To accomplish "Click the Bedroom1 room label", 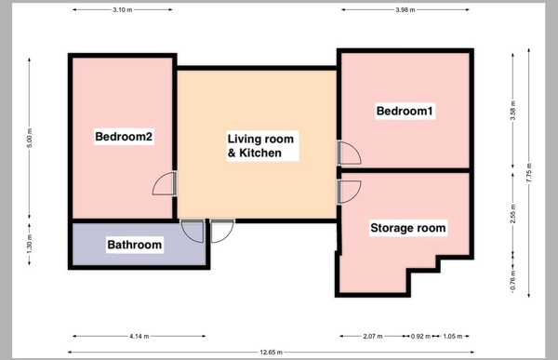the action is (405, 111).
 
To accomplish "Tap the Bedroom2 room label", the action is (124, 137).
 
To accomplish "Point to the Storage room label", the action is (408, 228).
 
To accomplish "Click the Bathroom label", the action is (135, 245).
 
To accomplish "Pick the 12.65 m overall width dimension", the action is (272, 353).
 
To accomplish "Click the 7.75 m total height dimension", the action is (529, 173).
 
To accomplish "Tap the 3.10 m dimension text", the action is (123, 10).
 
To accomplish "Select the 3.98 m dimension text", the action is (405, 10).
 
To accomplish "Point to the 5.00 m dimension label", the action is (30, 138).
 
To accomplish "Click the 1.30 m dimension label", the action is (30, 245).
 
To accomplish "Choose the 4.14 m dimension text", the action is (139, 336).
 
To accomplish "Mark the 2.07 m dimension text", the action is (373, 336).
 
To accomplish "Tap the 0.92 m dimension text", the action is (420, 336).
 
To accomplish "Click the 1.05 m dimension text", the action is (453, 336).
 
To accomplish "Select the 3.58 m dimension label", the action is (512, 111).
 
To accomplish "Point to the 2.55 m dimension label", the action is (512, 214).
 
